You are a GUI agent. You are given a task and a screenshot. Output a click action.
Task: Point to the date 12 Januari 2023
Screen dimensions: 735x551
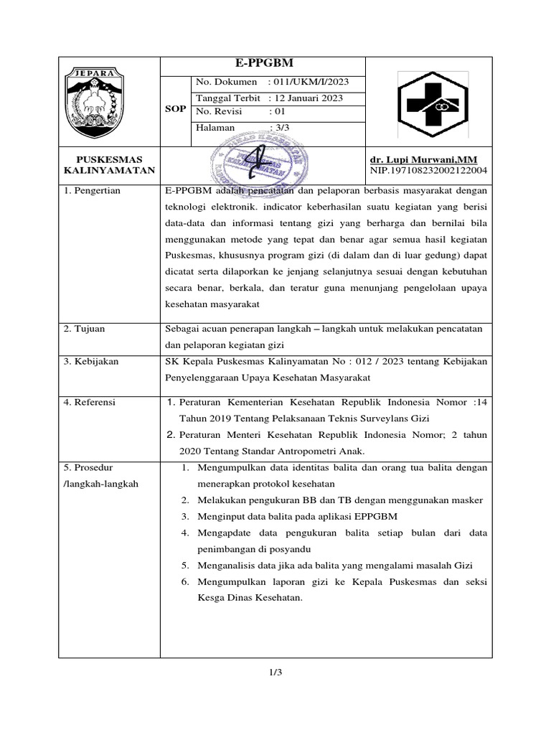[307, 98]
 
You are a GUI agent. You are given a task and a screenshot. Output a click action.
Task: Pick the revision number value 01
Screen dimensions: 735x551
[277, 112]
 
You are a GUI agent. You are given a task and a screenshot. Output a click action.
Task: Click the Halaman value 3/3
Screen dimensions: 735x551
[276, 127]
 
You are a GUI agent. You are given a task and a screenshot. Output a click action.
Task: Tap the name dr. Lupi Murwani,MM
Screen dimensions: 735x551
[423, 159]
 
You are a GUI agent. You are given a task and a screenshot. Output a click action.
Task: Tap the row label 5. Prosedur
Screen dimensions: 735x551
[88, 467]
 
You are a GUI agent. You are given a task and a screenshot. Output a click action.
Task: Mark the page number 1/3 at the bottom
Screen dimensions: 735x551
[275, 673]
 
